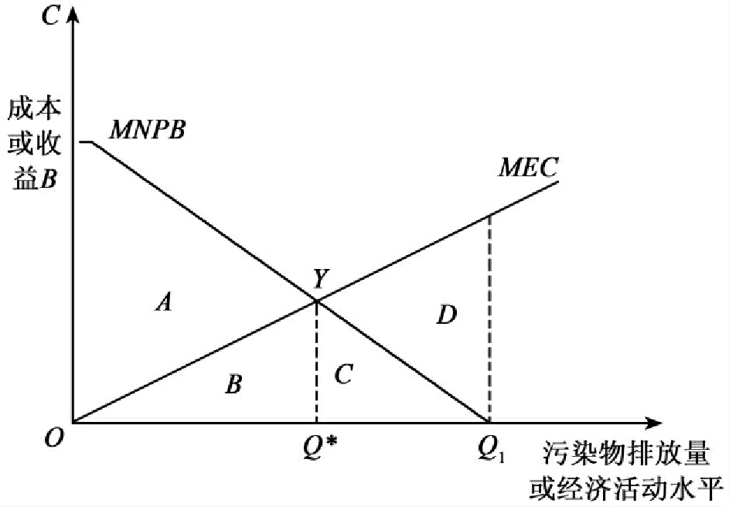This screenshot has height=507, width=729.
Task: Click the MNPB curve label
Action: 148,130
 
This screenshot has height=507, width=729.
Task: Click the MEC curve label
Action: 529,168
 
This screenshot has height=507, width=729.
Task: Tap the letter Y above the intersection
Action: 320,279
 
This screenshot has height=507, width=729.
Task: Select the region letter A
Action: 164,302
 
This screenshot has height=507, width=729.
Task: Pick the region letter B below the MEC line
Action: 233,384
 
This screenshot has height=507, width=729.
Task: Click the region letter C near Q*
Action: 343,374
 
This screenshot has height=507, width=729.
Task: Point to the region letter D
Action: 447,315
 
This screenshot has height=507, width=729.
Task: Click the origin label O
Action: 53,437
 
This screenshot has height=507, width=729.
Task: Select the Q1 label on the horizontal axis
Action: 491,449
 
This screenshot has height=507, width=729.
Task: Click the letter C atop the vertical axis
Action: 50,16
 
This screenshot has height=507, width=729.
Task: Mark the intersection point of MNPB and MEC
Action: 317,301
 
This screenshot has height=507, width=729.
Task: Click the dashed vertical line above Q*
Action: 317,362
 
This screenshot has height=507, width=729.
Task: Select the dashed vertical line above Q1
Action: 489,318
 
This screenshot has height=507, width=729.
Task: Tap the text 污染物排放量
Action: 625,454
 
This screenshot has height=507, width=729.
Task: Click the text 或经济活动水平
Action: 625,488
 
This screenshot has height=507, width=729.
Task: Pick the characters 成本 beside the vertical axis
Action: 35,109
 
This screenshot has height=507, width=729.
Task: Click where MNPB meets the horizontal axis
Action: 488,423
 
